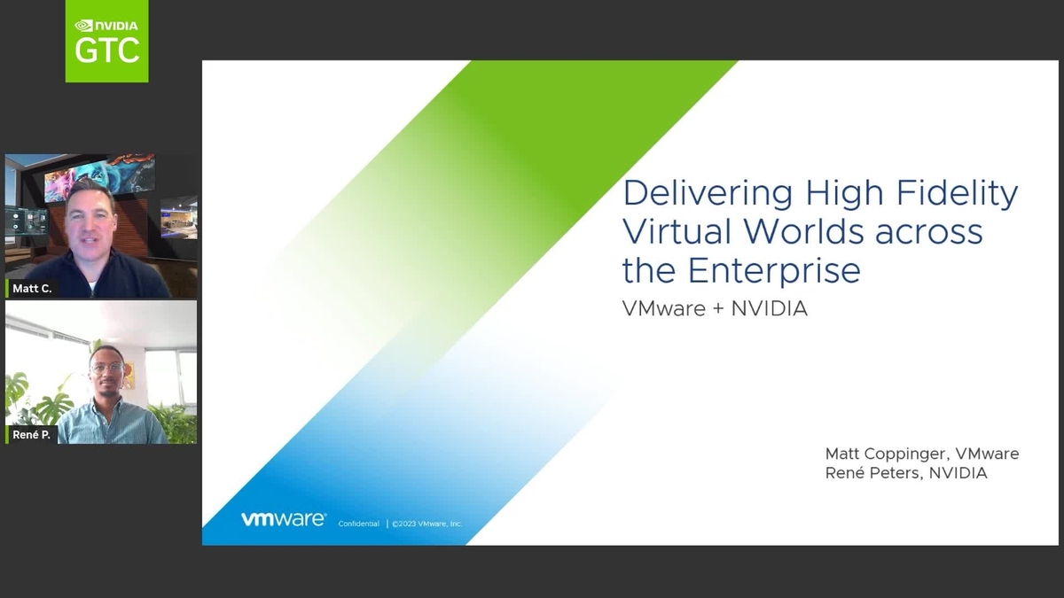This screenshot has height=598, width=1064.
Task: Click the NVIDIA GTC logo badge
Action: [106, 41]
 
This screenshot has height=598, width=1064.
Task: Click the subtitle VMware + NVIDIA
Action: [715, 310]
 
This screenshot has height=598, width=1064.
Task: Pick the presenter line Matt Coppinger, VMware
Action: [922, 454]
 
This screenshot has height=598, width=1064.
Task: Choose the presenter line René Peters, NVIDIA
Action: [906, 473]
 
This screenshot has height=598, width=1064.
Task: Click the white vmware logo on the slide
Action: [283, 520]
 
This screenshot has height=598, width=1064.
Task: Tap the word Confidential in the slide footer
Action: [358, 524]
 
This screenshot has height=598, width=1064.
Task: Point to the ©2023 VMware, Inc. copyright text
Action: [426, 524]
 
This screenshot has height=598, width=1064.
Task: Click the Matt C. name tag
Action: [32, 289]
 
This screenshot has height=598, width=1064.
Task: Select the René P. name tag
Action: [31, 434]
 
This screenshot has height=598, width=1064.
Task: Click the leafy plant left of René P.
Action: [40, 399]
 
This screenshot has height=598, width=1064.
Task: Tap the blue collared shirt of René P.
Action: [111, 423]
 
